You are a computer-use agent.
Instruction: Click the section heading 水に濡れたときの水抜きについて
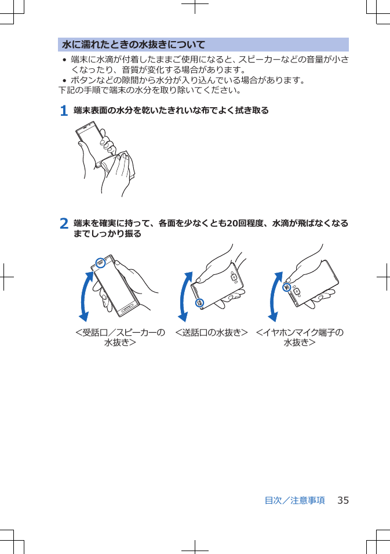(134, 45)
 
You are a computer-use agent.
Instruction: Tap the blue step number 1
(64, 110)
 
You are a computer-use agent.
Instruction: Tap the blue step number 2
(64, 223)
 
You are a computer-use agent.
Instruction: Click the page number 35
(342, 500)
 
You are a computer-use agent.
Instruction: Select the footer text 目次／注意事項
(294, 500)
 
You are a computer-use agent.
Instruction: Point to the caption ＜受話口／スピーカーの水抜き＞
(120, 337)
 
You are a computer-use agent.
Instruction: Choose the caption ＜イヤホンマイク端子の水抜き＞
(300, 337)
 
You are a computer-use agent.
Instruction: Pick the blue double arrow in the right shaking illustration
(275, 296)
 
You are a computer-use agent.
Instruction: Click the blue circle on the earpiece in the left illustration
(101, 262)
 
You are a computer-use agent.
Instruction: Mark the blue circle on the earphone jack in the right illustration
(286, 287)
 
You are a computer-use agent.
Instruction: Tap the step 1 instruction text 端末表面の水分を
(171, 110)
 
